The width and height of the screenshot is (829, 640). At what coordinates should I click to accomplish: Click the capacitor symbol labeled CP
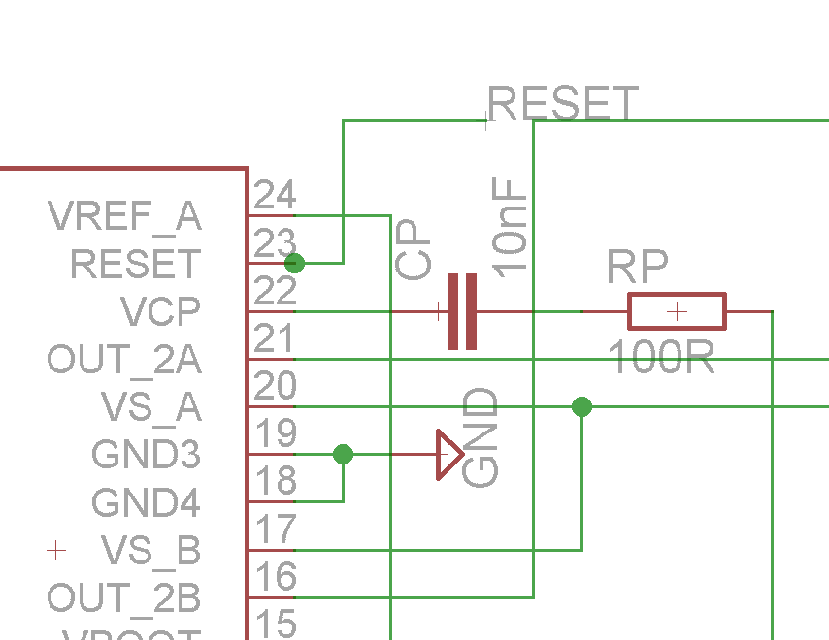coord(462,311)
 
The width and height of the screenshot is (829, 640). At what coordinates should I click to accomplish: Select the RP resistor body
coord(677,311)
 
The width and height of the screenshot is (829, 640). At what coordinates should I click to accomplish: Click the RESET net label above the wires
coord(563,104)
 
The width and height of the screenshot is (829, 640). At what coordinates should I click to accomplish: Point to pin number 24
coord(274,196)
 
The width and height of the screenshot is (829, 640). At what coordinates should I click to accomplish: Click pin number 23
coord(274,242)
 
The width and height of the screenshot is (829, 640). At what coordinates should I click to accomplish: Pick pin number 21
coord(274,339)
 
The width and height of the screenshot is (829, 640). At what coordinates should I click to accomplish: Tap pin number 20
coord(274,387)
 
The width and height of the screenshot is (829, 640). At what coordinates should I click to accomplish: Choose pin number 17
coord(274,530)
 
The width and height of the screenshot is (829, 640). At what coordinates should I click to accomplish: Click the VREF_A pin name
coord(124,217)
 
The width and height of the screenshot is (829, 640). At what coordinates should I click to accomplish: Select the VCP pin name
coord(160,312)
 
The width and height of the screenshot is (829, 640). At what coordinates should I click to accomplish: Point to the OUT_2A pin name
coord(124,360)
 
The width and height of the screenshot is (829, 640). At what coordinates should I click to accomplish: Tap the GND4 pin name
coord(146,503)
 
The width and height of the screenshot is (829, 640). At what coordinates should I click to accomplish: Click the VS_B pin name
coord(150,551)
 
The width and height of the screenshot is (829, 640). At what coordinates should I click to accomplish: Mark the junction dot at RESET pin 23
coord(295,263)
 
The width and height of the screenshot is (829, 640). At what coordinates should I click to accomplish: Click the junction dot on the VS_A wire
coord(581,406)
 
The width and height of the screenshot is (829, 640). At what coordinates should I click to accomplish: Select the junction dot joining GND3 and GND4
coord(343,454)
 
